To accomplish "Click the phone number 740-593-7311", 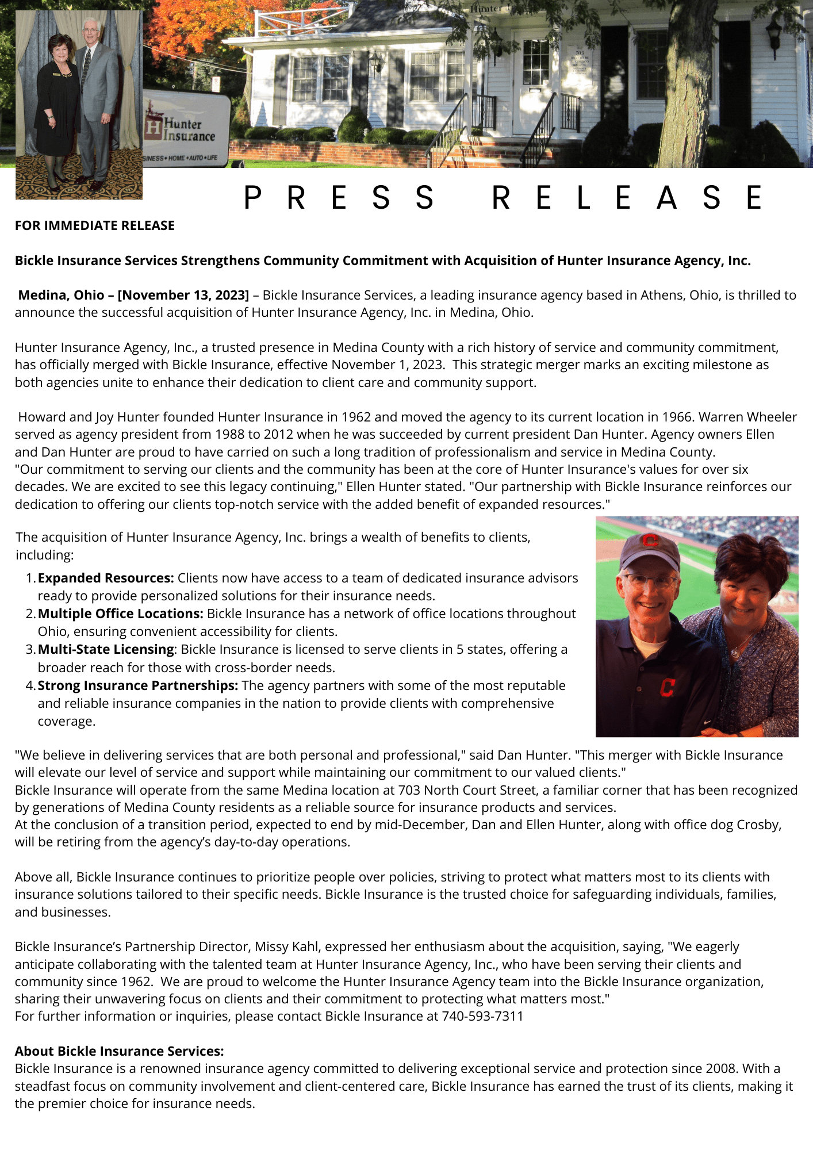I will (x=482, y=1016).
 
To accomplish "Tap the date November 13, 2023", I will (x=183, y=295).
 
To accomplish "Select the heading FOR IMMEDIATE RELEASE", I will (x=95, y=225).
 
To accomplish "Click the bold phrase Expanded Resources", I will (x=105, y=578).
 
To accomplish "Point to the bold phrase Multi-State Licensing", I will (x=106, y=649).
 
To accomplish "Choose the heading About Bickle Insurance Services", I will (x=119, y=1051).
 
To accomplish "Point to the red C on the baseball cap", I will (x=650, y=540).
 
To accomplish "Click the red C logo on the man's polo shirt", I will (x=667, y=687).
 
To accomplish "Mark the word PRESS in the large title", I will (x=339, y=198).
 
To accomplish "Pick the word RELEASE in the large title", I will (x=627, y=198).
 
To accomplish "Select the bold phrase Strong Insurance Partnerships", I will (x=137, y=685).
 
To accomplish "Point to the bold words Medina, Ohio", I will (x=61, y=295).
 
